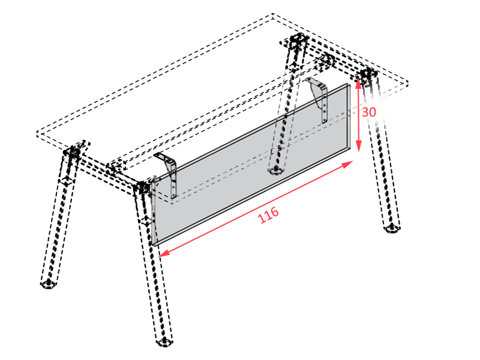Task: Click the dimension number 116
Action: point(268,215)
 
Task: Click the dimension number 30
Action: point(369,112)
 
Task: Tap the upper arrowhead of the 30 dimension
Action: point(358,82)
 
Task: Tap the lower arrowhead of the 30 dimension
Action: point(359,145)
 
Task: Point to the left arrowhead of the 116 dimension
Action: point(164,253)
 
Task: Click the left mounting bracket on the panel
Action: point(168,175)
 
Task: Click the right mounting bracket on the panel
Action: point(319,98)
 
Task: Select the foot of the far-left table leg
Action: point(49,284)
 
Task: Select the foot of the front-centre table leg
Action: point(164,342)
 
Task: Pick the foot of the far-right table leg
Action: point(392,229)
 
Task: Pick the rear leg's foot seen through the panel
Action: point(275,171)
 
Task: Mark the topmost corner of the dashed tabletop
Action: point(273,14)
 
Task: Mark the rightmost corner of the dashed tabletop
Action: point(408,82)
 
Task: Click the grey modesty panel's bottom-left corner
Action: point(152,245)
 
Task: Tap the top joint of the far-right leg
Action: point(368,75)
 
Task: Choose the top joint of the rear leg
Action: point(295,41)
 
